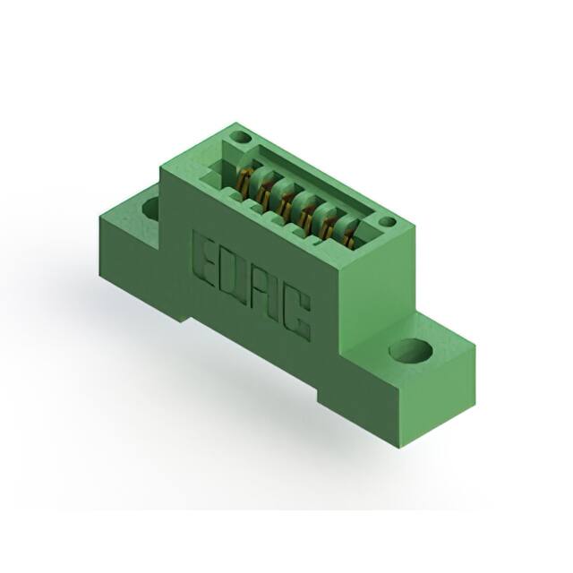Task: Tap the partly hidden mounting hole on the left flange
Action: [x=150, y=209]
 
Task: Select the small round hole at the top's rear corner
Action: [x=239, y=138]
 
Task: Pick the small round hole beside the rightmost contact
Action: [x=386, y=222]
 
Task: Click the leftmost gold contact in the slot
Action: [x=244, y=180]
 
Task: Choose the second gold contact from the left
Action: [x=264, y=190]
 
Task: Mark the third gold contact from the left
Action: [x=284, y=201]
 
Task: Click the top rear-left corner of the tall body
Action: [x=235, y=124]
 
